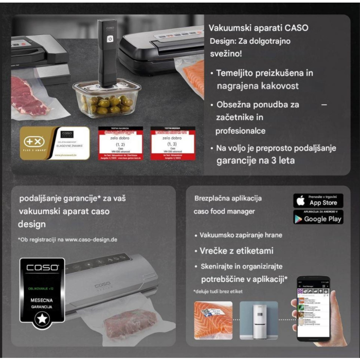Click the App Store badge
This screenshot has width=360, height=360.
[318, 201]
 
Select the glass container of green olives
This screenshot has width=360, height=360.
[107, 98]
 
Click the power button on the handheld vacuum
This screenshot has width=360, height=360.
[110, 39]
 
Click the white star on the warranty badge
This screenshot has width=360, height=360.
[42, 319]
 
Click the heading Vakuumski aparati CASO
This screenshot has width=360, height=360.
[259, 28]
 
